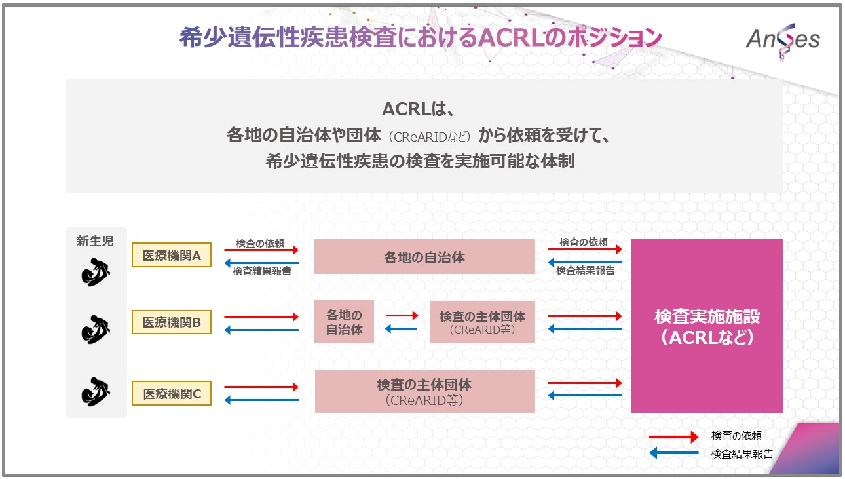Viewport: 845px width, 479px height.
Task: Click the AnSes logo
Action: (x=782, y=39)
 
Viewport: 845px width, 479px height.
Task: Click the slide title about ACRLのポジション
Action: (x=421, y=37)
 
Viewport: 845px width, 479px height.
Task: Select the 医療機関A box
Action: (x=172, y=256)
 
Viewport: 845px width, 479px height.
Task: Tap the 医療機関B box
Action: (x=172, y=322)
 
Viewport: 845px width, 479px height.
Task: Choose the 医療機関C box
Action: (x=172, y=394)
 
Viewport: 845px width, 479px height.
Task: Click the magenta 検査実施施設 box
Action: (x=707, y=326)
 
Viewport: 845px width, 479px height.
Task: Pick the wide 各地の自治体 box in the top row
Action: (x=424, y=257)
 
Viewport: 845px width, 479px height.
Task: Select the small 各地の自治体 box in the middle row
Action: (x=344, y=322)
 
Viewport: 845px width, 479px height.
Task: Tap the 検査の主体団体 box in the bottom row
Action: (x=424, y=391)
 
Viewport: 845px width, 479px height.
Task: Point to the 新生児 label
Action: (x=95, y=241)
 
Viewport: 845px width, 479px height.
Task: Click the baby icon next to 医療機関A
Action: (x=96, y=272)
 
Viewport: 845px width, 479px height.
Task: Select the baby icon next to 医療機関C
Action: (x=96, y=392)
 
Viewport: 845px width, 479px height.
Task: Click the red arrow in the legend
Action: (x=673, y=436)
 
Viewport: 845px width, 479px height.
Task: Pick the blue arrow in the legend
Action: (x=673, y=453)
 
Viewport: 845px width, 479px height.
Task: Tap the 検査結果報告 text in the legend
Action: (x=742, y=453)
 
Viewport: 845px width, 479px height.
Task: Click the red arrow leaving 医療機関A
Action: (x=261, y=250)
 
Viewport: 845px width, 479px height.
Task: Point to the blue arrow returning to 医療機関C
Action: (x=261, y=400)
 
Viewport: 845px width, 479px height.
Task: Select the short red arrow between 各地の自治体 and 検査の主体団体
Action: (x=402, y=316)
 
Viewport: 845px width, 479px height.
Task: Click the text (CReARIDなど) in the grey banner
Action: (x=429, y=137)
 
